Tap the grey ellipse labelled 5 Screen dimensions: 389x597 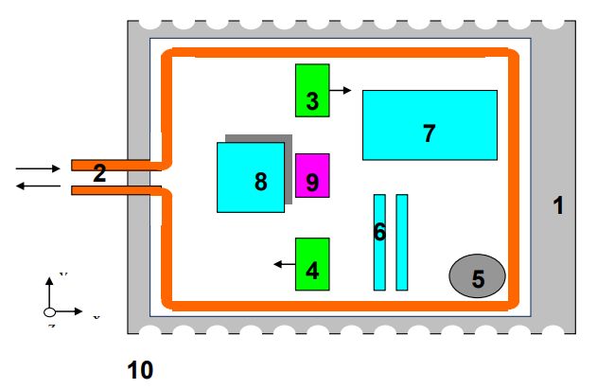(x=477, y=275)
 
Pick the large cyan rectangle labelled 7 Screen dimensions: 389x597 (x=430, y=124)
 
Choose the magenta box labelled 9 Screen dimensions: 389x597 (x=312, y=175)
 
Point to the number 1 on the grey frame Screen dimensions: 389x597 (x=558, y=204)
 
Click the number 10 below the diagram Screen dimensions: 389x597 (x=140, y=369)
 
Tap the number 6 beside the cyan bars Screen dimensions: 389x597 (x=379, y=232)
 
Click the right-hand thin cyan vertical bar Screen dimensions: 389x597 (x=402, y=242)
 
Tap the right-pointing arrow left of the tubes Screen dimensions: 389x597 (x=37, y=168)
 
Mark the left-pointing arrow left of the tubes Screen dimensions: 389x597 (x=37, y=186)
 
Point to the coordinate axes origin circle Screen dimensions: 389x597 (x=49, y=311)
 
